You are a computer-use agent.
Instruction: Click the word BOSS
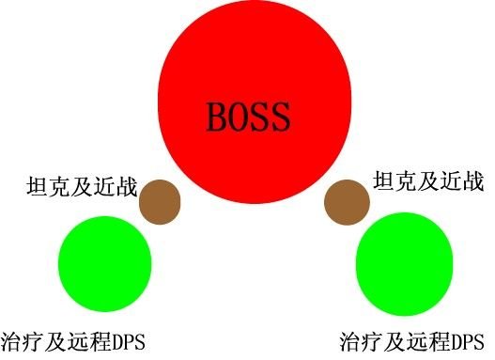(249, 117)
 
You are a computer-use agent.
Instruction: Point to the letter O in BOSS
(239, 117)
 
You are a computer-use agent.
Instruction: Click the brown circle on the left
(159, 201)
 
